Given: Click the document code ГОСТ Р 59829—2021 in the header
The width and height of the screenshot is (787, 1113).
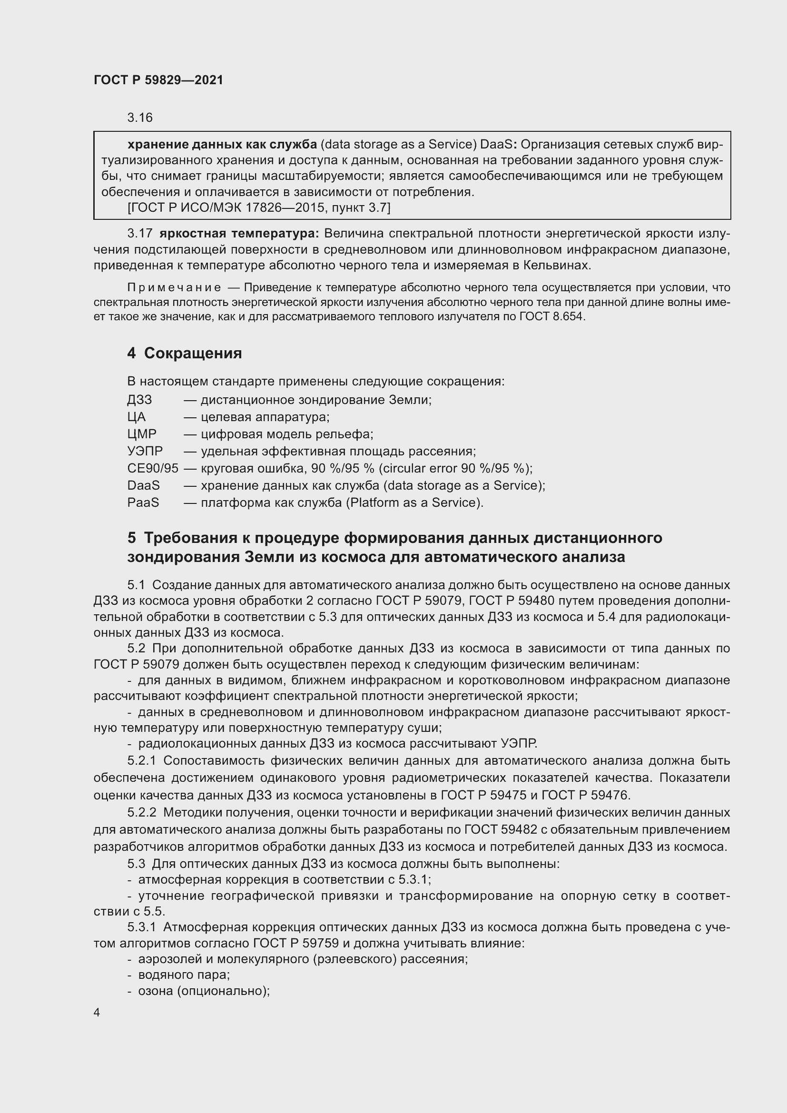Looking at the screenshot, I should (158, 80).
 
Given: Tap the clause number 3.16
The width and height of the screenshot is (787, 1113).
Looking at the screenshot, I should (140, 118).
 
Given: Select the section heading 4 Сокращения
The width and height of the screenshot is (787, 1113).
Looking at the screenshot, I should (185, 353).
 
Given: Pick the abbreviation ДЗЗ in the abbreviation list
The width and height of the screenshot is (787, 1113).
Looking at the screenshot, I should (139, 400).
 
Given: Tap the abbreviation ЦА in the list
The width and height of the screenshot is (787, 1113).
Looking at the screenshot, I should (136, 417).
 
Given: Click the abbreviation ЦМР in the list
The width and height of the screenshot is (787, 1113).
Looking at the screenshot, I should (141, 434).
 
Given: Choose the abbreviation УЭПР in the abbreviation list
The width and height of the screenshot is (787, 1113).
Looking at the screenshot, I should (145, 451).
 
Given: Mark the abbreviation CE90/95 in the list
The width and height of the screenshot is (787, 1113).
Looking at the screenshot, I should (153, 468).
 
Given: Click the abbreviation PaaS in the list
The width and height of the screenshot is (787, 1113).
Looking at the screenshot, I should (143, 502).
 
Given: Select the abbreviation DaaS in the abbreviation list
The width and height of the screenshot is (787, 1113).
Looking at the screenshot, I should (143, 485).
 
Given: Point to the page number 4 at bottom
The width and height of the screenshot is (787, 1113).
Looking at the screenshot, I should (97, 1013).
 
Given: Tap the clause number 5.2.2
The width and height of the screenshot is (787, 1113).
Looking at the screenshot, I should (141, 812).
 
